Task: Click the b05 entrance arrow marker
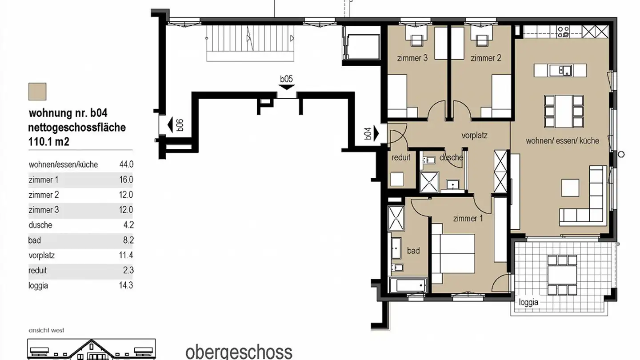click(287, 87)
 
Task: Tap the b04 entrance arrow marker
click(376, 133)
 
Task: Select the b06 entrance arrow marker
click(170, 125)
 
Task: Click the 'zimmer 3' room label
click(412, 58)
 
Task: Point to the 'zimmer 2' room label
click(486, 58)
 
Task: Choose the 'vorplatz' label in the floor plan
click(474, 136)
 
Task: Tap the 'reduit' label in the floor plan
click(400, 157)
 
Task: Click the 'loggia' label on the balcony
click(528, 302)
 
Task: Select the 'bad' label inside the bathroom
click(413, 251)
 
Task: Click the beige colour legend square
click(37, 92)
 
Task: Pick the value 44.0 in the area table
click(126, 164)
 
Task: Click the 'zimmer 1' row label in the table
click(44, 180)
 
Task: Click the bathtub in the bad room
click(408, 285)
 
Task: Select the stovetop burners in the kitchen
click(564, 31)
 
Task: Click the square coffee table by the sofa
click(570, 188)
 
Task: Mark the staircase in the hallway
click(251, 43)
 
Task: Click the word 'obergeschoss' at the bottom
click(239, 352)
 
